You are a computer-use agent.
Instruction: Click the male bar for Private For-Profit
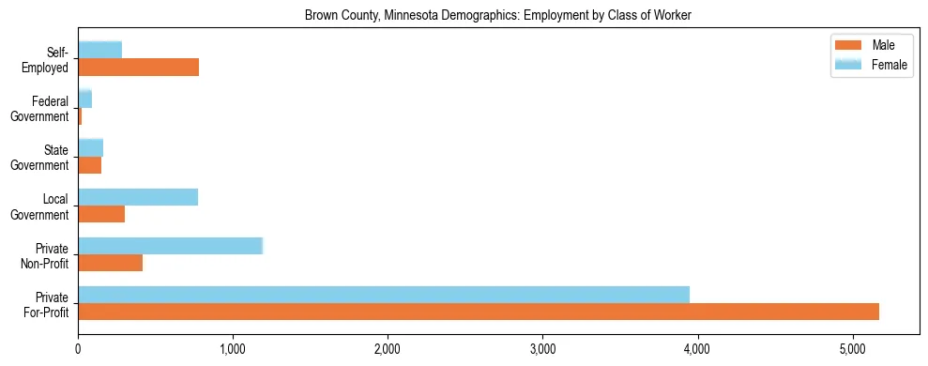point(479,312)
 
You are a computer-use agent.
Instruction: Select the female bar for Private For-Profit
point(384,295)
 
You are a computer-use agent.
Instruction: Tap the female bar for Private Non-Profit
point(170,246)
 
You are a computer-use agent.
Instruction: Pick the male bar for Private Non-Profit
point(111,263)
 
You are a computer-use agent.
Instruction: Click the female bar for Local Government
point(138,197)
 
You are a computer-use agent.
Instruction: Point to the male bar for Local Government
point(101,214)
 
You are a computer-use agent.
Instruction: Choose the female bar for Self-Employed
point(100,50)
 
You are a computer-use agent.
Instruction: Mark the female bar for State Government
point(91,147)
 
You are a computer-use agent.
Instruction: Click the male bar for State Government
point(90,165)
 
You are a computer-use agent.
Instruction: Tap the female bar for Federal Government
point(85,99)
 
